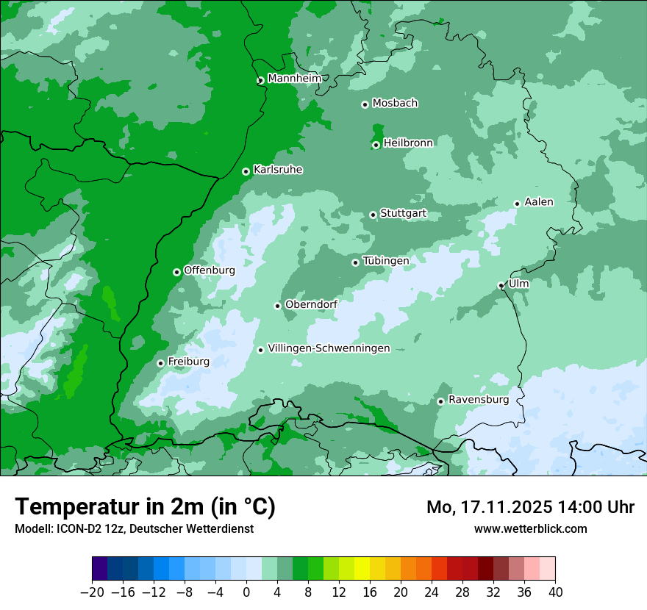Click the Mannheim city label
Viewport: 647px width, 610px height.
point(295,79)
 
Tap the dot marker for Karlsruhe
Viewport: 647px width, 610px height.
point(246,171)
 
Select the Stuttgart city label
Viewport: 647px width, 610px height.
point(403,214)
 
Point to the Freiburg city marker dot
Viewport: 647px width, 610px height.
point(160,363)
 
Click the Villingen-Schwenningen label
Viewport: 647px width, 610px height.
point(329,348)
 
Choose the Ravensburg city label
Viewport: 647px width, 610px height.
point(478,400)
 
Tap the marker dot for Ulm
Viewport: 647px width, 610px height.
point(501,285)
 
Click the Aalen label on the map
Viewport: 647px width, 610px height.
point(539,202)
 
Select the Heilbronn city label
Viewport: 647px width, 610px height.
point(408,143)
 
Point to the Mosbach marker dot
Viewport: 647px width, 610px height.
point(365,104)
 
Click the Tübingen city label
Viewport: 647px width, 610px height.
point(385,261)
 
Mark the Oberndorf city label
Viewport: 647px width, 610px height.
point(311,304)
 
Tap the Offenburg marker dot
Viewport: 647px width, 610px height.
point(176,272)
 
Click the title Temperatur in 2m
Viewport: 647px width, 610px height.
point(145,507)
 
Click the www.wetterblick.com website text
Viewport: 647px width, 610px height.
point(530,528)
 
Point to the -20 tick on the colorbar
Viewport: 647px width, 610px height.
point(92,592)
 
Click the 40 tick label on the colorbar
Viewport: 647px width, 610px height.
point(555,592)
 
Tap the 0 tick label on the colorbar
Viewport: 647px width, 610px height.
point(246,592)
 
